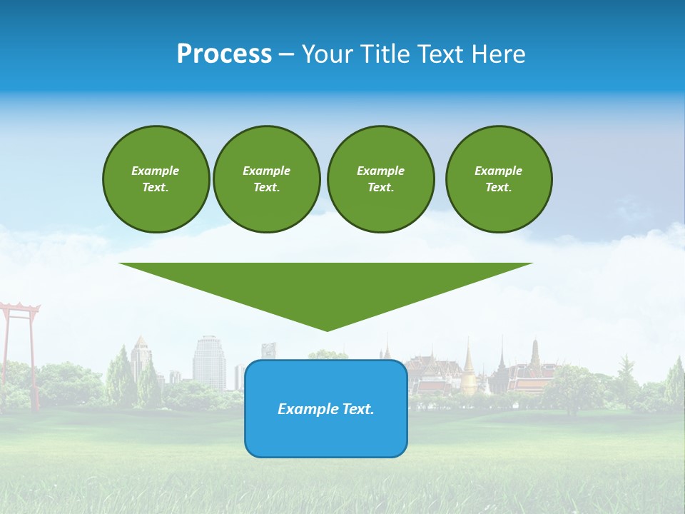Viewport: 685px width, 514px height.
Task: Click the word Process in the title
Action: pyautogui.click(x=224, y=54)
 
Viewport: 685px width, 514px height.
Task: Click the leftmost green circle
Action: pyautogui.click(x=156, y=179)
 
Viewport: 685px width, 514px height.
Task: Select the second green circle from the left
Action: pyautogui.click(x=267, y=179)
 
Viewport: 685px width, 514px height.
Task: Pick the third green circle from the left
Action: pyautogui.click(x=380, y=179)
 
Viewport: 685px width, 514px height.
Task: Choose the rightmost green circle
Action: pyautogui.click(x=499, y=179)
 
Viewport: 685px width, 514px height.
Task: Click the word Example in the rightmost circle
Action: pyautogui.click(x=498, y=171)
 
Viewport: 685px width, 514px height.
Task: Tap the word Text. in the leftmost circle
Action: pyautogui.click(x=155, y=188)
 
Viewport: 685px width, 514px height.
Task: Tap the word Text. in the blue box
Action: pyautogui.click(x=359, y=409)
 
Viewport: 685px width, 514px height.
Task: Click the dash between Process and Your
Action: pyautogui.click(x=286, y=54)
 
